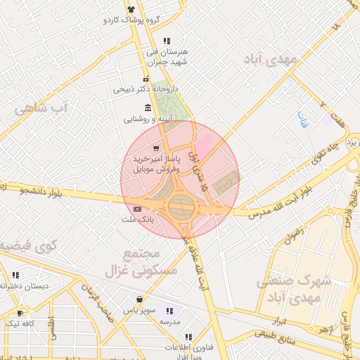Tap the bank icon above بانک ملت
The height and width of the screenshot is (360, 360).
(x=136, y=209)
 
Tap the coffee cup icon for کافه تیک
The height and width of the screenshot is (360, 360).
(x=20, y=312)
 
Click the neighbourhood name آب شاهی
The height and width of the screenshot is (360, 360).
(x=43, y=109)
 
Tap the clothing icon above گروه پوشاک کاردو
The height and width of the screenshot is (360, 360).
(x=131, y=8)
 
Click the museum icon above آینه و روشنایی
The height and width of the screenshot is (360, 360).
(x=147, y=108)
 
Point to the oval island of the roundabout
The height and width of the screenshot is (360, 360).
(x=181, y=207)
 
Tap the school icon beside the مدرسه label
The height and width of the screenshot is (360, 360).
(x=169, y=310)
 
